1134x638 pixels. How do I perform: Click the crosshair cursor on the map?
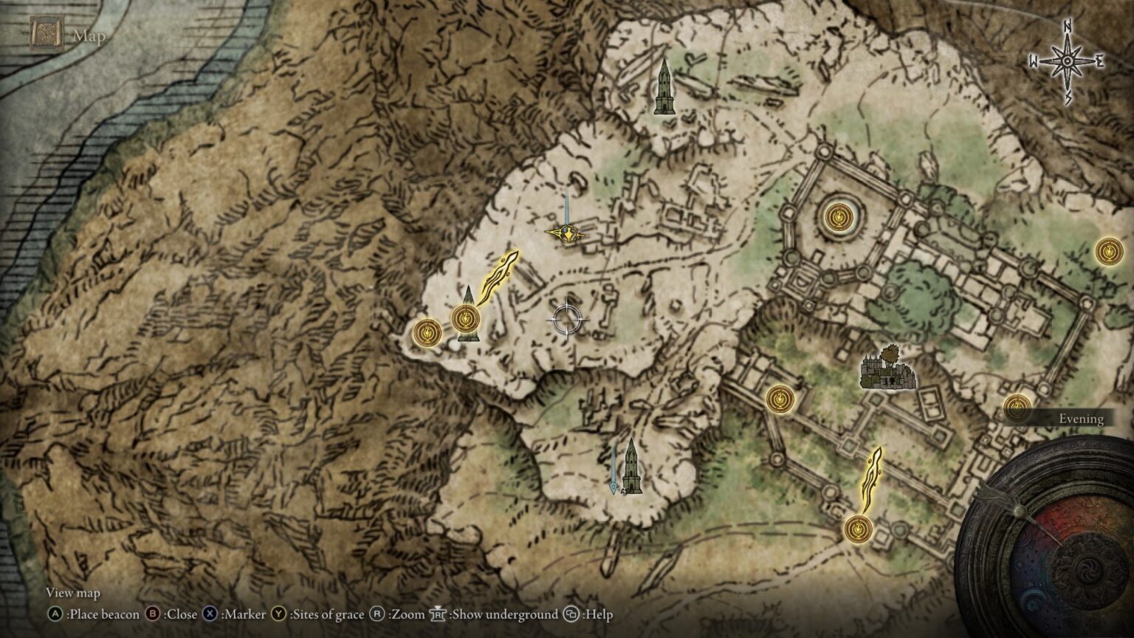[x=568, y=319]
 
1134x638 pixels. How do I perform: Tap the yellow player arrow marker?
[x=566, y=234]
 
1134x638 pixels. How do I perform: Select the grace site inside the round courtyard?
[x=837, y=216]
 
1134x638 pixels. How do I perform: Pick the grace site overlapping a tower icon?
[x=465, y=318]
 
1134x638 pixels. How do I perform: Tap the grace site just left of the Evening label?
[x=1017, y=406]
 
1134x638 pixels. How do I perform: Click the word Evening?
[x=1081, y=419]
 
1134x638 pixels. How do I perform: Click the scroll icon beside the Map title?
[x=45, y=35]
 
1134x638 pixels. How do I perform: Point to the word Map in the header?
[x=89, y=35]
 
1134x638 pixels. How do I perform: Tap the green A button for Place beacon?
[x=55, y=614]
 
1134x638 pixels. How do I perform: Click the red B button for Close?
[x=154, y=614]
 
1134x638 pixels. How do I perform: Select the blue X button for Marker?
[x=210, y=614]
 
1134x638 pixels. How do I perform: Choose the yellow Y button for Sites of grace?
[x=278, y=614]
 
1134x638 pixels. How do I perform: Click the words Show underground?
[x=504, y=614]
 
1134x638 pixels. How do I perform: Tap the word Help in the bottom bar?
[x=597, y=614]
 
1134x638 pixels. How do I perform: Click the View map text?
[x=72, y=593]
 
